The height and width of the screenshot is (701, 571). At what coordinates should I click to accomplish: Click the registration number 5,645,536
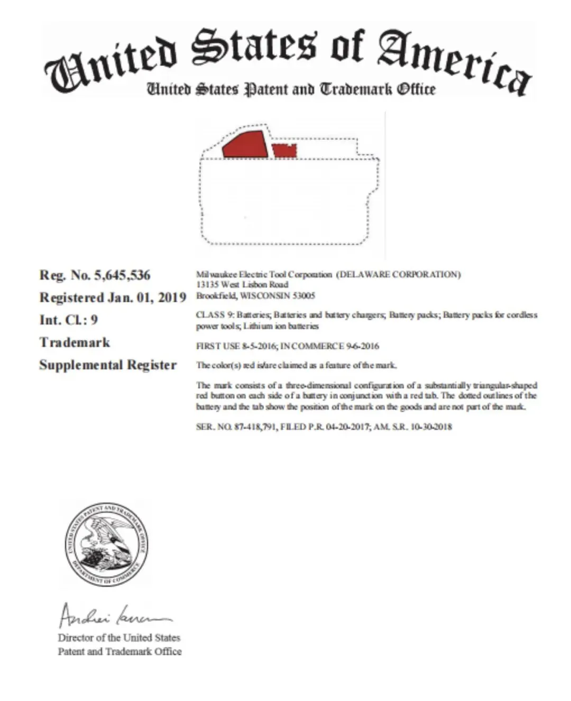point(122,275)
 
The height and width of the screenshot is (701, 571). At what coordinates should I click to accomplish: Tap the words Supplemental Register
point(108,365)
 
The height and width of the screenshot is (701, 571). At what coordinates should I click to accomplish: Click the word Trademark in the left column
point(75,343)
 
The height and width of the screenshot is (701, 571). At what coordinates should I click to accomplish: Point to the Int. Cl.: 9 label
point(68,320)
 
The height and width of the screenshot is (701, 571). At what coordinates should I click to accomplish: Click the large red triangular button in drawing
point(245,144)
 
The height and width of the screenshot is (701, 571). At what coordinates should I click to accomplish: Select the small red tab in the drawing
point(284,151)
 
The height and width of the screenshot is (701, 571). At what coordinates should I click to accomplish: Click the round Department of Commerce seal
point(107,543)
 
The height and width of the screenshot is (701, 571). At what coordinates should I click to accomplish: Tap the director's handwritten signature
point(114,616)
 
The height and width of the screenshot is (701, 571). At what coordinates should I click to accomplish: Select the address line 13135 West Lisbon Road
point(242,285)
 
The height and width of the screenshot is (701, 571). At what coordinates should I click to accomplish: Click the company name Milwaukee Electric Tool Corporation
point(264,274)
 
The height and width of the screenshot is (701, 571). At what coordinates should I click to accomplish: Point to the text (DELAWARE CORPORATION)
point(399,274)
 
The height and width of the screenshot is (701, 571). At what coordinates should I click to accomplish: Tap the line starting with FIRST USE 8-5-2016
point(287,346)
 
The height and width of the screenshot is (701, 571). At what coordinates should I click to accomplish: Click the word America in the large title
point(453,61)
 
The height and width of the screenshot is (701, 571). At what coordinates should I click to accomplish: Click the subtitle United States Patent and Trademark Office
point(291,89)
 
